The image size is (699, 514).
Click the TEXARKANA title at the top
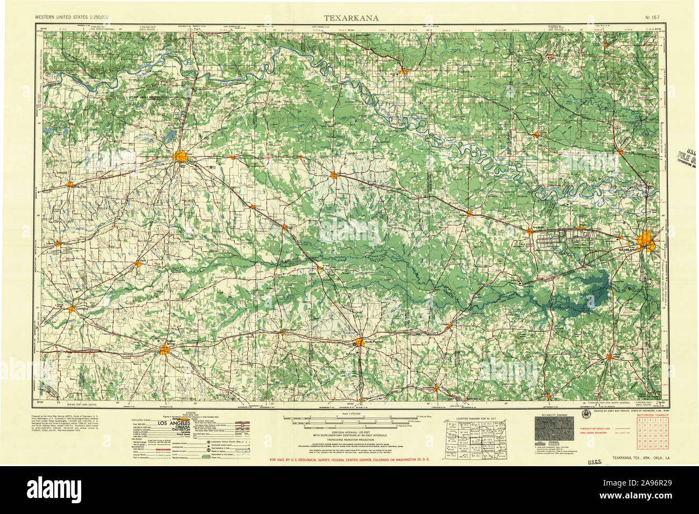tap(351, 18)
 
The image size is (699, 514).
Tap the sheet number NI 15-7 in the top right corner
tap(653, 18)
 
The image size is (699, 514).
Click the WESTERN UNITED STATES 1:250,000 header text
tap(72, 18)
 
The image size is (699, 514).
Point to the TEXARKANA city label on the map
tap(626, 250)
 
